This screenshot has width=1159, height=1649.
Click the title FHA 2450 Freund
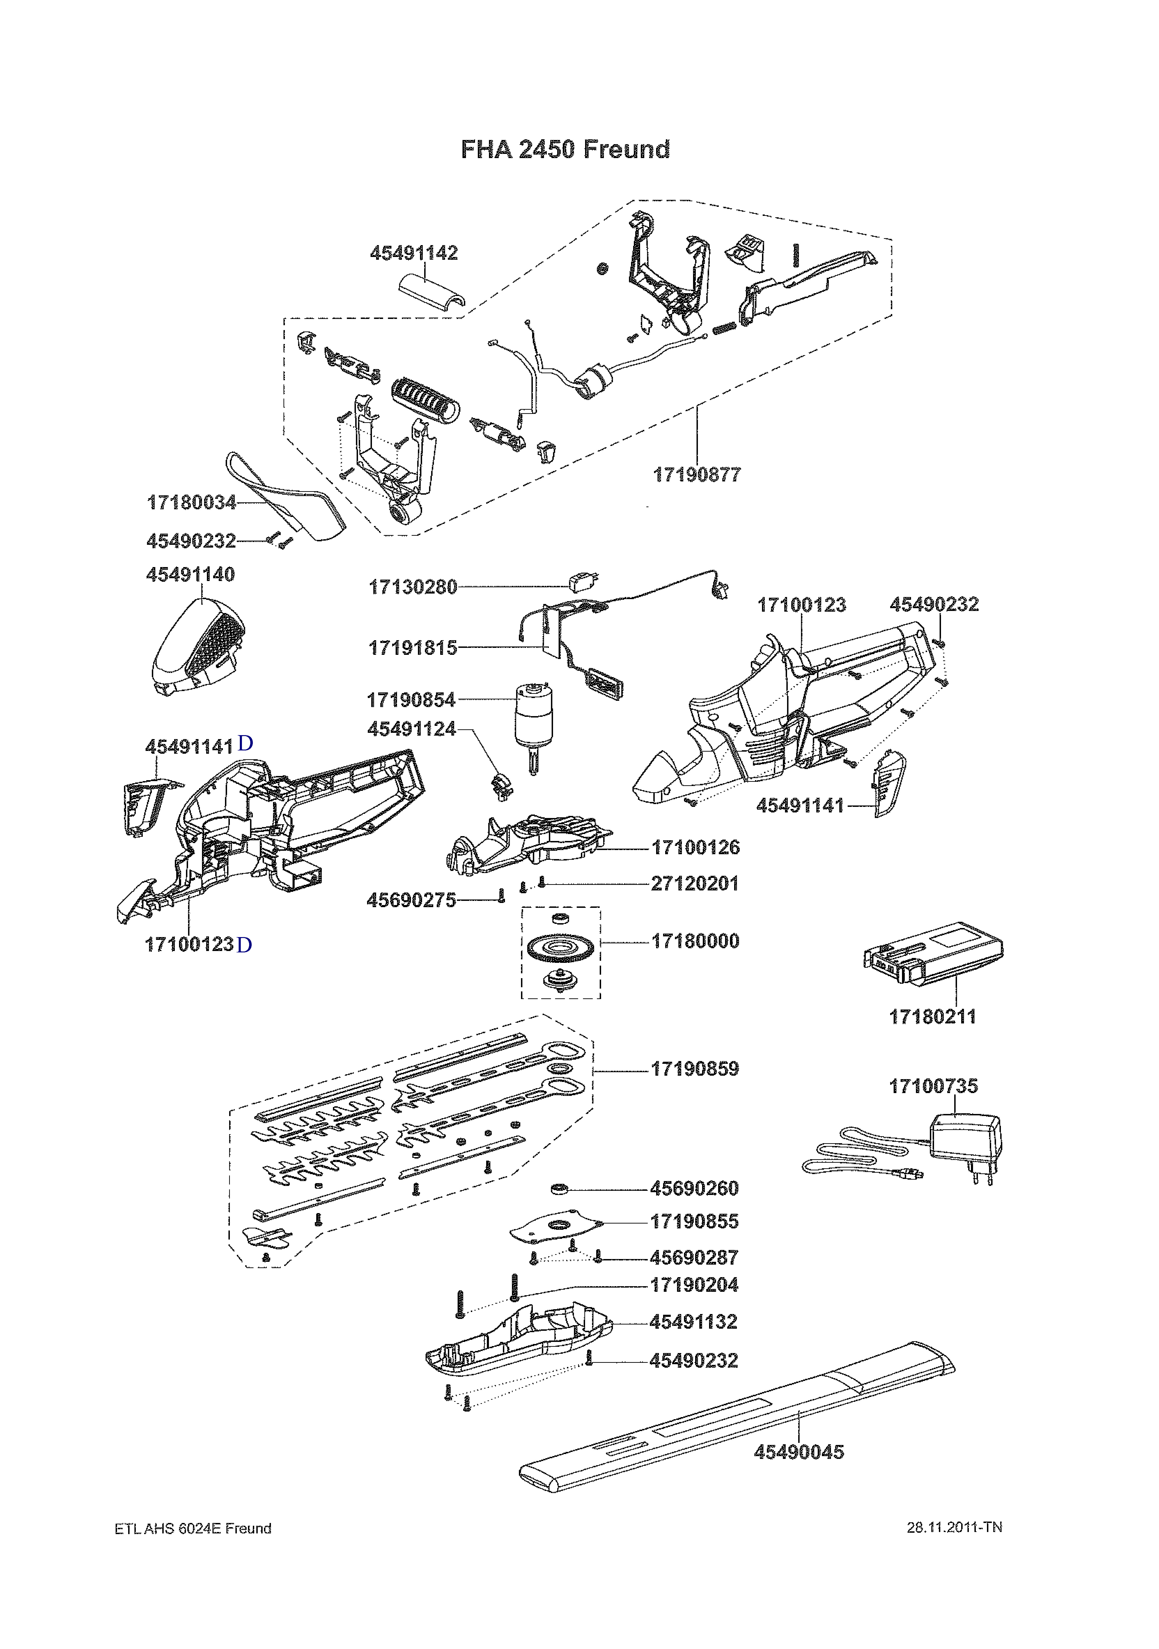point(566,149)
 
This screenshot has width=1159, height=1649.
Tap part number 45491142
point(414,253)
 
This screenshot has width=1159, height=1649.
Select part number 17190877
point(697,475)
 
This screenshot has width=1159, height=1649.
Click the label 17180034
point(192,503)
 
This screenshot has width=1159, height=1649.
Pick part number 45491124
point(412,729)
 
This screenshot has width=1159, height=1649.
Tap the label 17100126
point(696,847)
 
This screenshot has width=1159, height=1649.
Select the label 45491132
point(694,1321)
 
